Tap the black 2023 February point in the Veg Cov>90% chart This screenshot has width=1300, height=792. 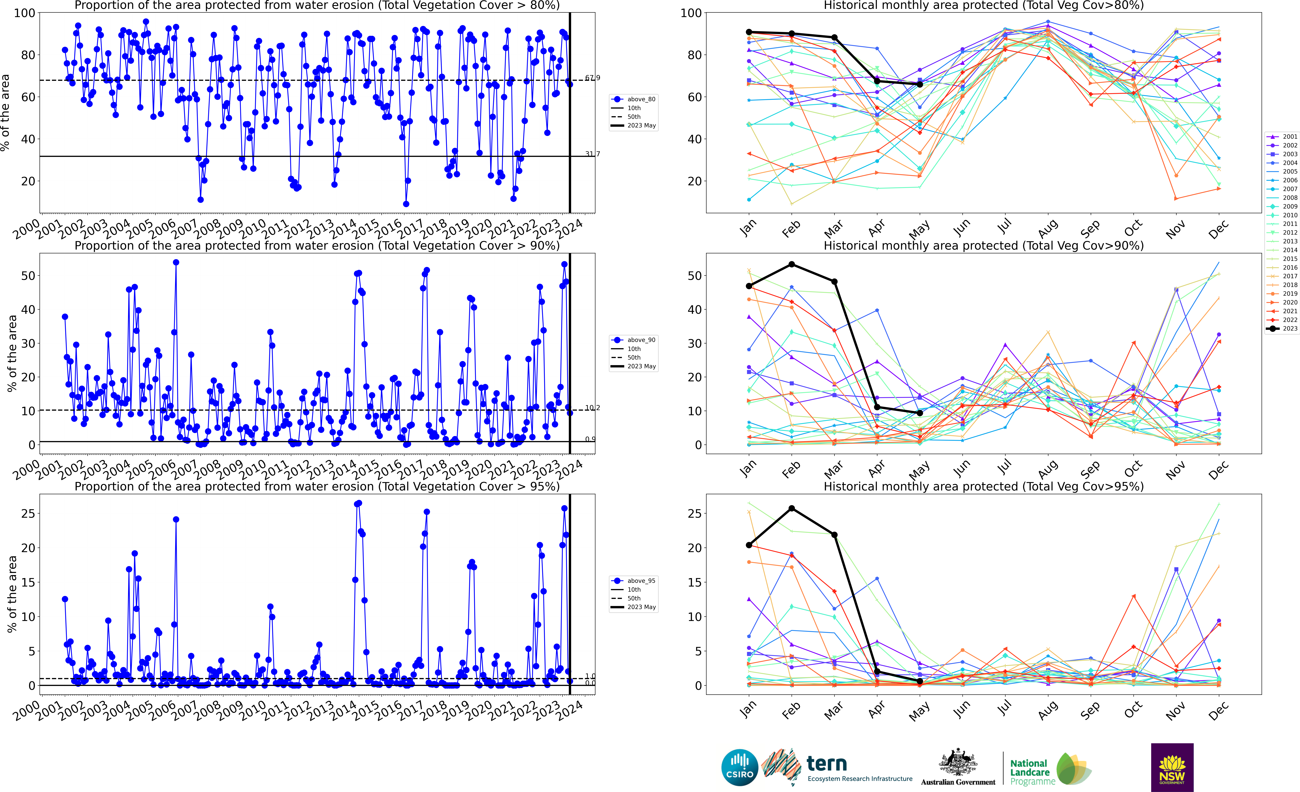click(x=792, y=264)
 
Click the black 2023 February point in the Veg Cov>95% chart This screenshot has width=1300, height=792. click(x=792, y=509)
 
